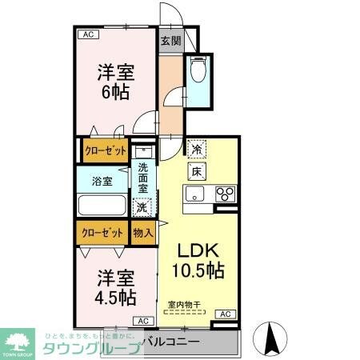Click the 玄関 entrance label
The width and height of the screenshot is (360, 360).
coord(170,41)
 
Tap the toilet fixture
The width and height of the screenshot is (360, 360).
coord(198,72)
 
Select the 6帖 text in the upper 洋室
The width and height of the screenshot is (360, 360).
coord(116,92)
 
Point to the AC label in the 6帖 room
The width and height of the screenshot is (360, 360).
coord(88,35)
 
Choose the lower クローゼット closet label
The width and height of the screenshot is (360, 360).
coord(103,233)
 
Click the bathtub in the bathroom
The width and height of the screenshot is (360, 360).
coord(102,204)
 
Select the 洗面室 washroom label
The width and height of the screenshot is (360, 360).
coord(143,178)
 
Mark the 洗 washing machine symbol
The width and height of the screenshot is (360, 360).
coord(142,207)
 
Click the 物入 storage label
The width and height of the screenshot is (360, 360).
coord(143,233)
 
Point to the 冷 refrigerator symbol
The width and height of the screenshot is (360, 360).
coord(196,148)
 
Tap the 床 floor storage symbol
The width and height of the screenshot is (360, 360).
coord(196,170)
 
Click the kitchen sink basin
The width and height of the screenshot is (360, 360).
coord(196,194)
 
